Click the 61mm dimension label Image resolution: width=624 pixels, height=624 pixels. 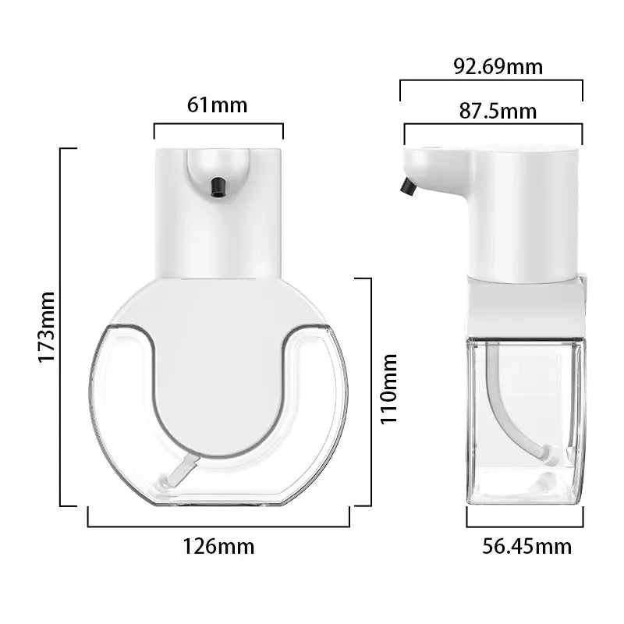coord(218,104)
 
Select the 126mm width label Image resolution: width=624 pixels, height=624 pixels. coord(218,546)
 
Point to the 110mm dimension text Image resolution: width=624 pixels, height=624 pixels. coord(389,388)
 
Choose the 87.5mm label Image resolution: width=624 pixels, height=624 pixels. coord(498,111)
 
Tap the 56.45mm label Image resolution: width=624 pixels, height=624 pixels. coord(526,546)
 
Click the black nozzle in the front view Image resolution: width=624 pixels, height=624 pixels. coord(218,186)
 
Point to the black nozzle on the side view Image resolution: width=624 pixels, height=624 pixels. coord(406,186)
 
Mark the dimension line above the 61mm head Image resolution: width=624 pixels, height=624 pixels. coord(218,123)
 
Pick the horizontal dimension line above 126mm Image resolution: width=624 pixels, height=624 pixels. coord(218,526)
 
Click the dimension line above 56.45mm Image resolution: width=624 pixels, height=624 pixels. coord(524,526)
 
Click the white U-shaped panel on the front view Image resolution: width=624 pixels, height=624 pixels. coord(218,367)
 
